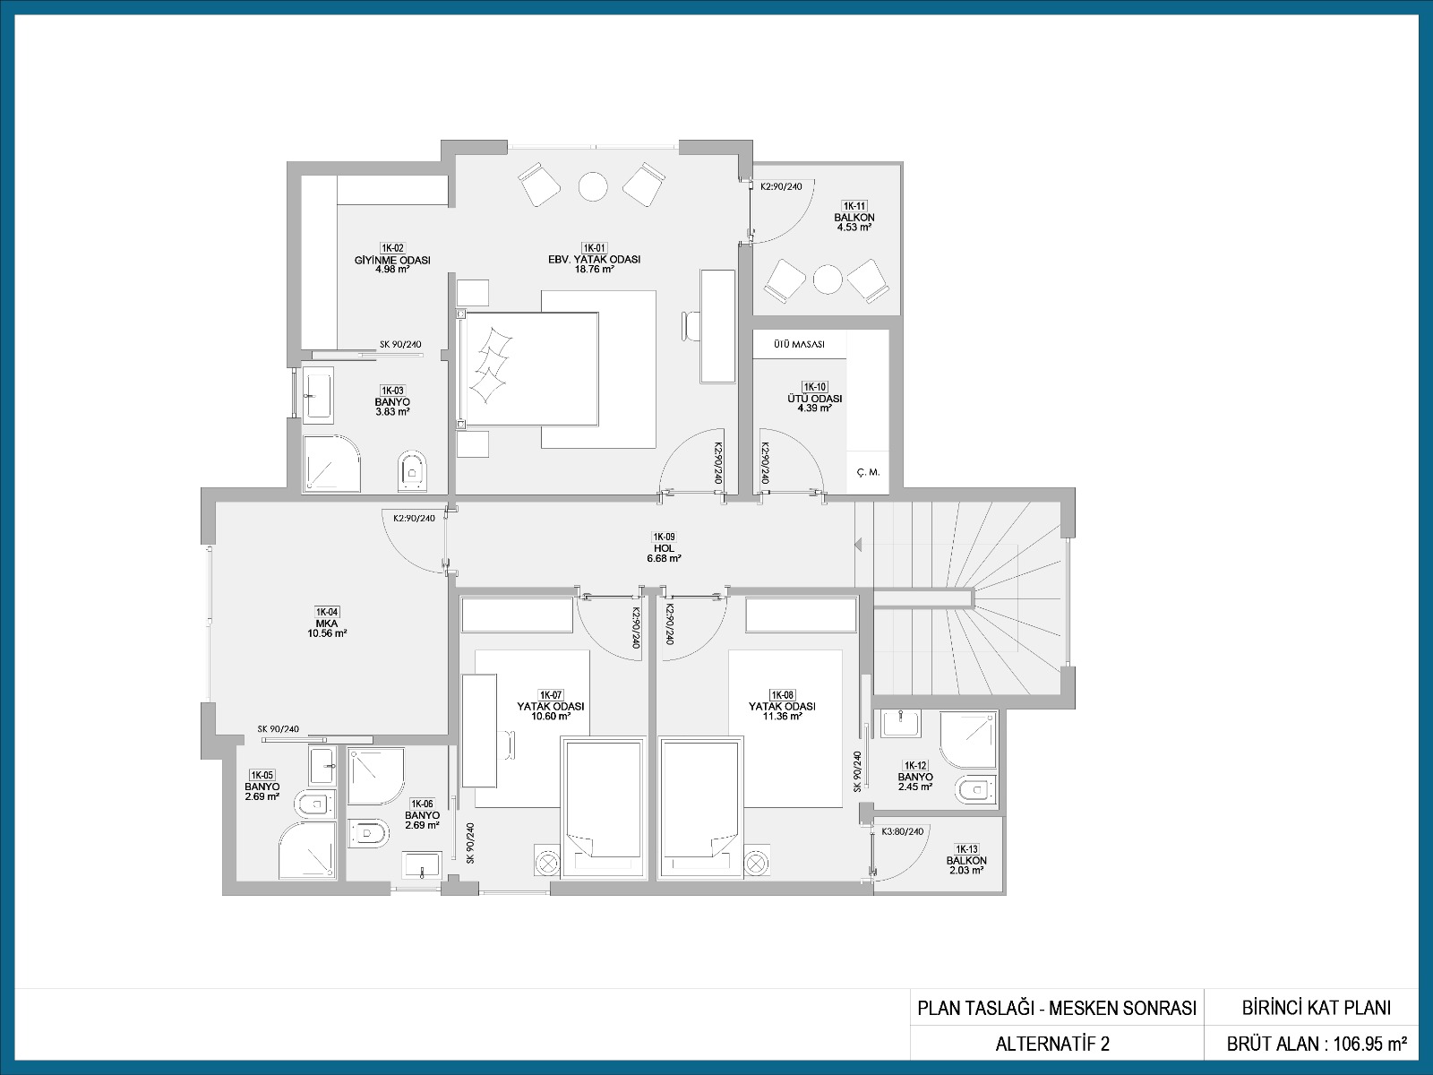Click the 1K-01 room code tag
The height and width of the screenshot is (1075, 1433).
(x=594, y=248)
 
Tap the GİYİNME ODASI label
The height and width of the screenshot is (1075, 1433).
(x=392, y=260)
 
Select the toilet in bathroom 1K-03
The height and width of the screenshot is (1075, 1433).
(x=411, y=470)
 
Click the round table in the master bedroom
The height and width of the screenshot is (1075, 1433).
(x=593, y=187)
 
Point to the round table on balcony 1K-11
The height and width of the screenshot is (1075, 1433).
(x=828, y=280)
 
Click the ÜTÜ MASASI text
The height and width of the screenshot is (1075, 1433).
(x=799, y=344)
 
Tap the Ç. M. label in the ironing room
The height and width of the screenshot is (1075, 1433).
(x=868, y=472)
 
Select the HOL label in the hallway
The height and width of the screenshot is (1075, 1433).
(x=664, y=548)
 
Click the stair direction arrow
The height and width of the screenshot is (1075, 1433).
(x=858, y=544)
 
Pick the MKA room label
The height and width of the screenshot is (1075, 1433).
(x=326, y=623)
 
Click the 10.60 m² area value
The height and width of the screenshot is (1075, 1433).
(x=550, y=716)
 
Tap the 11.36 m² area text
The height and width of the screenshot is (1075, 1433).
(x=782, y=716)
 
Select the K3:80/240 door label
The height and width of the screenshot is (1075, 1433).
(x=902, y=831)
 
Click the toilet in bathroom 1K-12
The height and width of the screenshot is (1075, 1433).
(x=976, y=789)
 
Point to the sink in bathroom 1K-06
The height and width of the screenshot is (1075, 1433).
(x=423, y=865)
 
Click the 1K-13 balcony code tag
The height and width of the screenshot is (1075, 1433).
(x=966, y=849)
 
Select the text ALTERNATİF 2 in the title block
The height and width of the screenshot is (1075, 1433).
(x=1052, y=1045)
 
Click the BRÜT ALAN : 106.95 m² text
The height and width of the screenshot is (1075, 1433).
(x=1317, y=1045)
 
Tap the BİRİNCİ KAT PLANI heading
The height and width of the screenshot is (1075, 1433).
(x=1317, y=1009)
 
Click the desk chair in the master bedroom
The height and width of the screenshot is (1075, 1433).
(x=691, y=326)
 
